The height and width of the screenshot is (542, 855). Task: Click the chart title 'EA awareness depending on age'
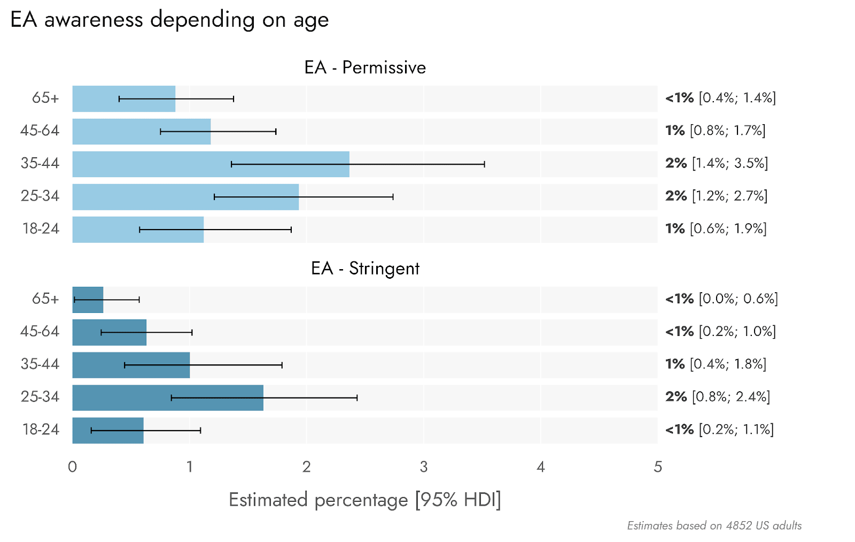[x=169, y=20]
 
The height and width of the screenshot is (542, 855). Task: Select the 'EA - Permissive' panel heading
[x=365, y=67]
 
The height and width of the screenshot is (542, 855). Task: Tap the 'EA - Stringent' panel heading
[x=365, y=268]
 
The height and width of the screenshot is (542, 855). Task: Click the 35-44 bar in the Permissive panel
[x=211, y=164]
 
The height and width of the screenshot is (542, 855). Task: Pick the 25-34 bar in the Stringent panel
[x=168, y=398]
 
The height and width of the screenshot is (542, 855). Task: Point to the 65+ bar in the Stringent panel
[x=88, y=300]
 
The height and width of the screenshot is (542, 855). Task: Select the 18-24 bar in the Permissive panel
[x=138, y=230]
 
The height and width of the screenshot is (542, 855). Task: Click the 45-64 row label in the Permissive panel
[x=40, y=131]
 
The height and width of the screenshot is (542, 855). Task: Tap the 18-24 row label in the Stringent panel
[x=41, y=430]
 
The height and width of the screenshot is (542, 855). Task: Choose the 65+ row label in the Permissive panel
[x=45, y=98]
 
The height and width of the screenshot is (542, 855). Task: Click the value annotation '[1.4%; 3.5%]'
[x=730, y=163]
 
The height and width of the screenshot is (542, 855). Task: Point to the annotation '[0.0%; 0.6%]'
[x=738, y=299]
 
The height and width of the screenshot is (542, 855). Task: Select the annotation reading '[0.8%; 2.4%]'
[x=731, y=397]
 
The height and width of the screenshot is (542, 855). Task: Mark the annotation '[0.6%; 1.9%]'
[x=728, y=228]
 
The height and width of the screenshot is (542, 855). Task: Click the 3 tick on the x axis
[x=423, y=467]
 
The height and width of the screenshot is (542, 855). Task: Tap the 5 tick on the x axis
[x=658, y=467]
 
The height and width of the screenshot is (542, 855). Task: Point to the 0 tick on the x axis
[x=73, y=467]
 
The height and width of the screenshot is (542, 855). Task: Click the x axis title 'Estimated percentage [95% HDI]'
[x=364, y=500]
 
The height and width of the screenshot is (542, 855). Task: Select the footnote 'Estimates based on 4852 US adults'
[x=714, y=525]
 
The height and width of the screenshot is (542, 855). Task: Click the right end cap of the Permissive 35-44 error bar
[x=484, y=164]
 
